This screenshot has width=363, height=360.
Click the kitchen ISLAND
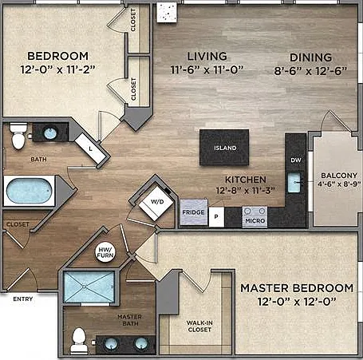224,148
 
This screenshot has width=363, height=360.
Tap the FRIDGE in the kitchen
194,212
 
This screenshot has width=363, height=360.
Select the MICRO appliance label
255,220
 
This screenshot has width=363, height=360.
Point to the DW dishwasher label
296,160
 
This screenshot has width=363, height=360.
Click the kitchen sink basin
294,182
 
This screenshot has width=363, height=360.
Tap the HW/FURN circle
105,252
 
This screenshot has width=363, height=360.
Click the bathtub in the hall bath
29,191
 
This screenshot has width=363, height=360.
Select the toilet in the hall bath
18,136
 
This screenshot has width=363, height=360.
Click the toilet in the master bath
79,340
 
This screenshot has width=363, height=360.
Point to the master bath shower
89,287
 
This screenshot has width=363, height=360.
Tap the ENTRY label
23,299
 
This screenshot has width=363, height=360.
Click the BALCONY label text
339,176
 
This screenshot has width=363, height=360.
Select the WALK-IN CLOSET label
199,326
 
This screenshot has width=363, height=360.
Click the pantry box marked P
216,217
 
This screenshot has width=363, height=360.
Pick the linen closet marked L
90,148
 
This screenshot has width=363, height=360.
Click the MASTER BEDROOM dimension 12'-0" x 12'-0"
297,302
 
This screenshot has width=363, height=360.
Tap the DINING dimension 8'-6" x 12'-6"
310,71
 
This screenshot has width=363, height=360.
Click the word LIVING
207,57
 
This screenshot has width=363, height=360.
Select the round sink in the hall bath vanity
50,133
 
